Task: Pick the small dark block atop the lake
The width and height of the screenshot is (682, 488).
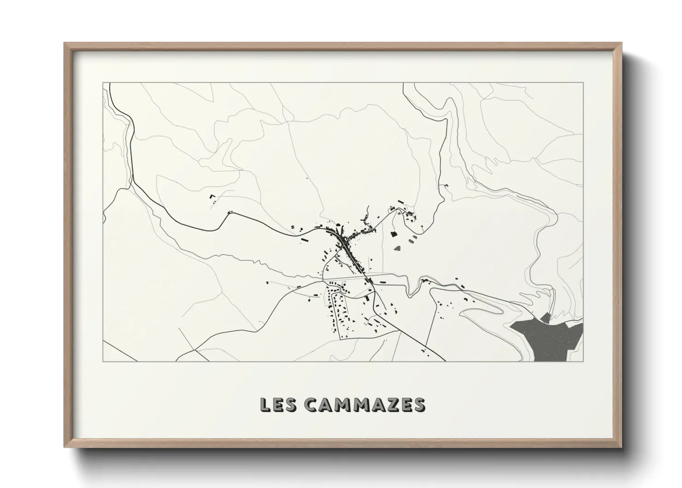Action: pos(548,317)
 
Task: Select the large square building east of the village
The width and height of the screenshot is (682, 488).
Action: pos(394,234)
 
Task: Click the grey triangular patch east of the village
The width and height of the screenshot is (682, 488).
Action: pos(398,248)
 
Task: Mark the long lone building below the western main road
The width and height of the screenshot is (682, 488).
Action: pos(304,240)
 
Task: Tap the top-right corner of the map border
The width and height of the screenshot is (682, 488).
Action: pos(583,83)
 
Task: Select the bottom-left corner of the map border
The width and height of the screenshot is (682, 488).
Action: pos(103,361)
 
